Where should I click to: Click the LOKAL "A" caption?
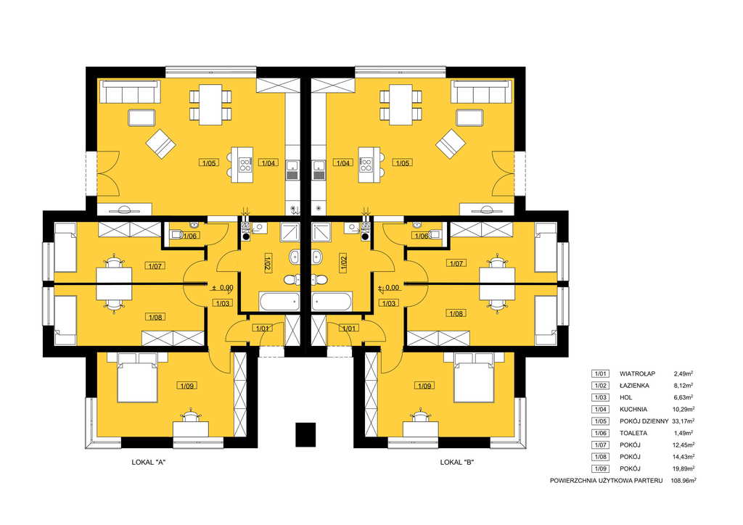tap(148, 462)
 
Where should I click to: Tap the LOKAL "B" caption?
tap(457, 462)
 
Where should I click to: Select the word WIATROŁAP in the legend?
tap(637, 373)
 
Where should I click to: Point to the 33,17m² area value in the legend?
tap(684, 421)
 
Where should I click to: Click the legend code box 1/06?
tap(600, 433)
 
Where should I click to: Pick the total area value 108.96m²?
tap(684, 481)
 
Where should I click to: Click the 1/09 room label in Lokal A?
tap(187, 386)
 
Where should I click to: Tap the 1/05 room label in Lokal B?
tap(402, 163)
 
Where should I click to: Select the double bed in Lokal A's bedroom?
tap(137, 377)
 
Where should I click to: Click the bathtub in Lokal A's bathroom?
tap(279, 302)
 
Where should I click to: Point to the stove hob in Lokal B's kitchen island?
tap(366, 165)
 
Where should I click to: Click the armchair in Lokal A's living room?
tap(160, 144)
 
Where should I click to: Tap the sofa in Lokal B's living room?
tap(483, 92)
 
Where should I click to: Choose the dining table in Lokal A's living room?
tap(210, 104)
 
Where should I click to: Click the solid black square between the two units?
tap(305, 434)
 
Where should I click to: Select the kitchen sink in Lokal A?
tap(293, 166)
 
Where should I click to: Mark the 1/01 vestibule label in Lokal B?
tap(349, 328)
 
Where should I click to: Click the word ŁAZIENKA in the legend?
tap(634, 385)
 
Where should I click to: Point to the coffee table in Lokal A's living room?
tap(141, 117)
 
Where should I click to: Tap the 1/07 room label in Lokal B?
tap(456, 263)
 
